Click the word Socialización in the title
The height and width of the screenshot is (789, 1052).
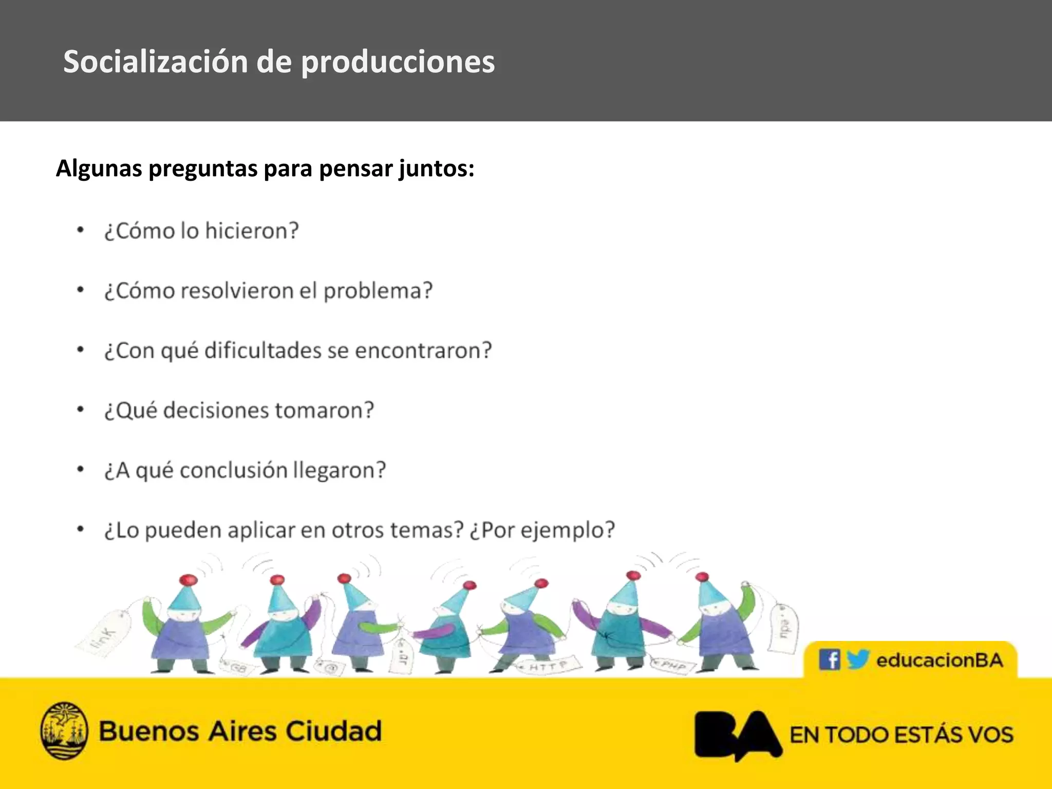click(x=156, y=62)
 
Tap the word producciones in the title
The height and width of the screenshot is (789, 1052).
click(x=398, y=62)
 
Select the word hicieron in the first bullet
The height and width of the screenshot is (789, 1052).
click(x=251, y=231)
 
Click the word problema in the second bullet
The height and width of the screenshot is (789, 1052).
click(x=378, y=291)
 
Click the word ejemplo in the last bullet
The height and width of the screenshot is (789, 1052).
click(x=567, y=530)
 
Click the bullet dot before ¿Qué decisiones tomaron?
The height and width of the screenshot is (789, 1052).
click(x=80, y=410)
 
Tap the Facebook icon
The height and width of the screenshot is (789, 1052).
click(x=829, y=660)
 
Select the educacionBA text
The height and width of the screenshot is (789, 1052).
click(x=940, y=660)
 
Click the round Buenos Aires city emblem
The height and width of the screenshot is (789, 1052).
click(x=64, y=730)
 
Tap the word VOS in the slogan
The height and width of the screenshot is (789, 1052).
click(x=991, y=735)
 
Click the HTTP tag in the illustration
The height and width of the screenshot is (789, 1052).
click(x=548, y=667)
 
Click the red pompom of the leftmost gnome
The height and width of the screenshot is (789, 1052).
click(x=189, y=580)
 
